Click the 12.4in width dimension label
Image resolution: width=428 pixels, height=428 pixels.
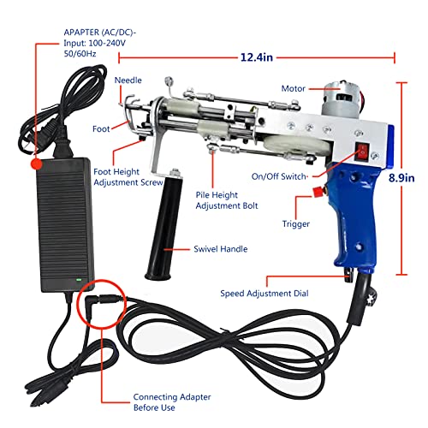(x=257, y=56)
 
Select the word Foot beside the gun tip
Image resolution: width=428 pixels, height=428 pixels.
(x=101, y=130)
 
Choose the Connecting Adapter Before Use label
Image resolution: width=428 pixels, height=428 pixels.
(x=171, y=402)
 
